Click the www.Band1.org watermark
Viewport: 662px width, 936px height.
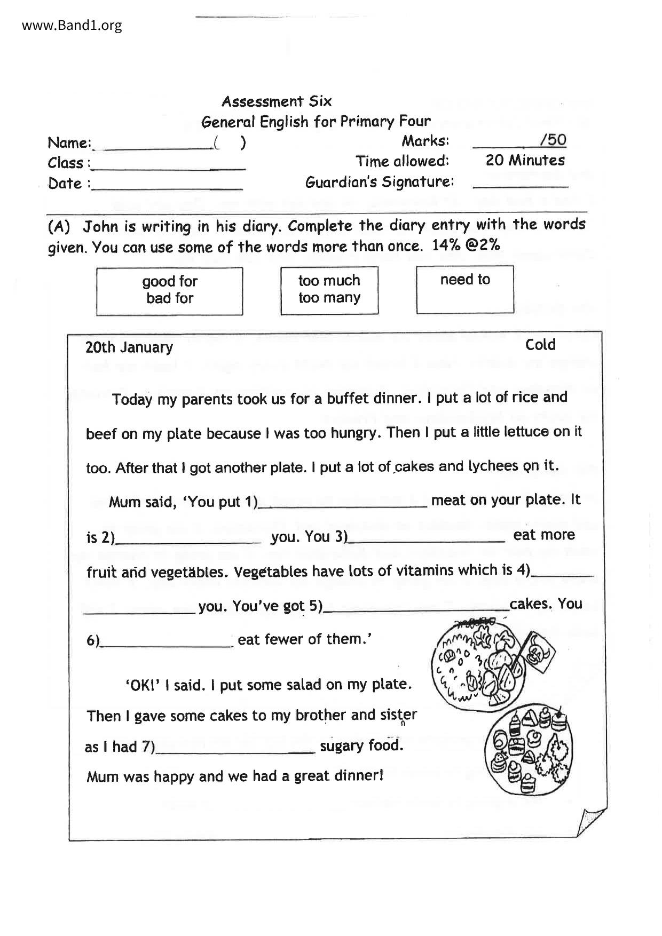click(x=72, y=25)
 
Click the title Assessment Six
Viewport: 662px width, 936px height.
click(x=277, y=101)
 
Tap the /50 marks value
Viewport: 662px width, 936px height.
click(x=553, y=140)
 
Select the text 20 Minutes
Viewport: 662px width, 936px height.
click(x=525, y=160)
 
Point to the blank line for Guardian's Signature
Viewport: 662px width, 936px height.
click(x=521, y=185)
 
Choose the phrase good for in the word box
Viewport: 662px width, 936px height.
click(x=170, y=281)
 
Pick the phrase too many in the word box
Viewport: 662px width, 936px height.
click(x=329, y=298)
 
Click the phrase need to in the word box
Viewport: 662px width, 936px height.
click(x=465, y=280)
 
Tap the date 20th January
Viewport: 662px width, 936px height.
click(x=129, y=347)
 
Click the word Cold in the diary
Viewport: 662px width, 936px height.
click(x=540, y=345)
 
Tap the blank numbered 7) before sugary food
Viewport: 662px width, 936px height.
click(x=235, y=750)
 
